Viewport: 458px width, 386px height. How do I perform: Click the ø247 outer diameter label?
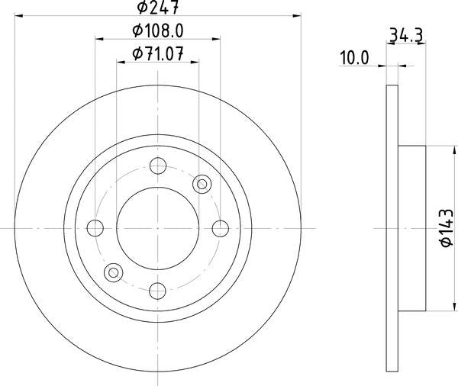[158, 8]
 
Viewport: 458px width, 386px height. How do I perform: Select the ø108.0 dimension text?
[158, 31]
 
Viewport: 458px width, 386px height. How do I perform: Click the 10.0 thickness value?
[355, 58]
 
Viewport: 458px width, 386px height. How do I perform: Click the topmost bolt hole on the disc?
[158, 166]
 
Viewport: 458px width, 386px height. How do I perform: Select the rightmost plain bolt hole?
[221, 228]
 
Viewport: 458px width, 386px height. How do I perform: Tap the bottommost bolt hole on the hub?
[158, 291]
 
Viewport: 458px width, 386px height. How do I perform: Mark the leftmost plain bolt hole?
[95, 228]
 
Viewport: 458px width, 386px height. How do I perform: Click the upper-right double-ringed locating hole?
[202, 183]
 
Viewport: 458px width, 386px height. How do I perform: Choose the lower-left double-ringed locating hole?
[114, 272]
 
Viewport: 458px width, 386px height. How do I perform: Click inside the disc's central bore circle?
[158, 228]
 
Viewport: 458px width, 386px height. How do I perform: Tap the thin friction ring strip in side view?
[392, 228]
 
